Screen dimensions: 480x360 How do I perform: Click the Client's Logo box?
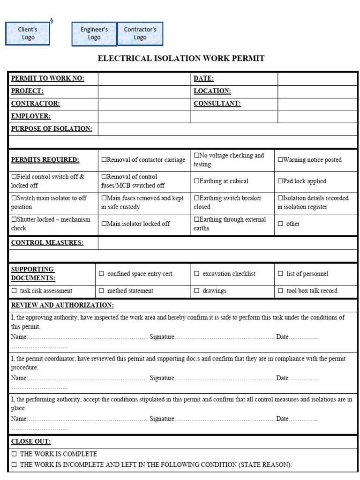(28, 33)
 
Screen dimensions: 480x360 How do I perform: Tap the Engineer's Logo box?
(94, 34)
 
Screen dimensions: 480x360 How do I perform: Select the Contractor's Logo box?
(140, 34)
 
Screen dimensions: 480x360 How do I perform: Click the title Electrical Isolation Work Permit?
(181, 59)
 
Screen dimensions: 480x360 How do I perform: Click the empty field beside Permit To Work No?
(144, 79)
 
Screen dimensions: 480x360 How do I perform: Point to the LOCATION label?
(212, 91)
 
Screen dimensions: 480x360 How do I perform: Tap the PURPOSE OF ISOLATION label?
(52, 129)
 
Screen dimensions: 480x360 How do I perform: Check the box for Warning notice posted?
(280, 160)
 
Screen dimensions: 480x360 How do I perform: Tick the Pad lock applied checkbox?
(280, 181)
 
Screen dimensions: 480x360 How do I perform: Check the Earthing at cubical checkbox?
(196, 181)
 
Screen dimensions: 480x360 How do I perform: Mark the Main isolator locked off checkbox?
(104, 224)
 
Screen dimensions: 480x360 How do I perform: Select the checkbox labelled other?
(280, 224)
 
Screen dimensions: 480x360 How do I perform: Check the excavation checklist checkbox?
(197, 274)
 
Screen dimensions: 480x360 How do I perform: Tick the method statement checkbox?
(101, 291)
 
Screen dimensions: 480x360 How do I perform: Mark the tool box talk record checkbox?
(280, 291)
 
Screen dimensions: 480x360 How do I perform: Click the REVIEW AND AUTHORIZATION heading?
(62, 306)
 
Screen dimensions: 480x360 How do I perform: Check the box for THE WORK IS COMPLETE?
(14, 454)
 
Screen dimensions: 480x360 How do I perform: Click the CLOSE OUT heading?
(31, 442)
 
